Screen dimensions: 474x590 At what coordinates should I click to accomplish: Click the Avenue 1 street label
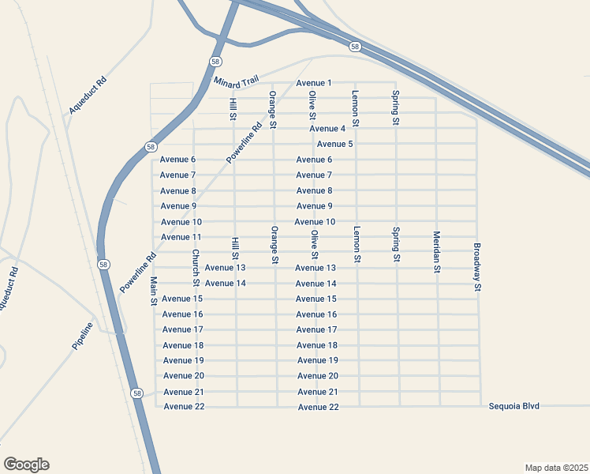pos(314,83)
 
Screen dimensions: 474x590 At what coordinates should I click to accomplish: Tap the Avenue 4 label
pos(327,129)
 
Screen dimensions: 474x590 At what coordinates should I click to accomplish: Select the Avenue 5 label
pos(334,144)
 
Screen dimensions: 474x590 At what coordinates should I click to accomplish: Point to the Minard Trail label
pos(237,81)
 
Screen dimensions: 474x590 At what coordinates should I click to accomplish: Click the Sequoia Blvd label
pos(513,405)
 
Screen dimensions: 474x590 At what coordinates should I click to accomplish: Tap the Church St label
pos(196,269)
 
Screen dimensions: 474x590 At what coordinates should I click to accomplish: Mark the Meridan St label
pos(436,252)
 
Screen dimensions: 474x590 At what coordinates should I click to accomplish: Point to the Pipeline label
pos(83,337)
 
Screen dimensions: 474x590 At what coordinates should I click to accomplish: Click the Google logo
pos(26,465)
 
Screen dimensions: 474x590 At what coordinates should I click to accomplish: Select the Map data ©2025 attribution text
pos(556,467)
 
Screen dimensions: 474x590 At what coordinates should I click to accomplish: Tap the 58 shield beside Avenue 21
pos(137,393)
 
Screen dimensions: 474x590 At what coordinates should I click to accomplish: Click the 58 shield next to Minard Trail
pos(215,61)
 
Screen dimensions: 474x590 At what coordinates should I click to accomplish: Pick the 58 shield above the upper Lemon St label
pos(356,47)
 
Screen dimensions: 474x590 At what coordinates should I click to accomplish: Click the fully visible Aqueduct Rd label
pos(87,96)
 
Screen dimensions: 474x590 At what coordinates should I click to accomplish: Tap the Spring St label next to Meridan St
pos(396,245)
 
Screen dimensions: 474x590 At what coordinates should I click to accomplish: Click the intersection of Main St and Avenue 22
pos(156,407)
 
